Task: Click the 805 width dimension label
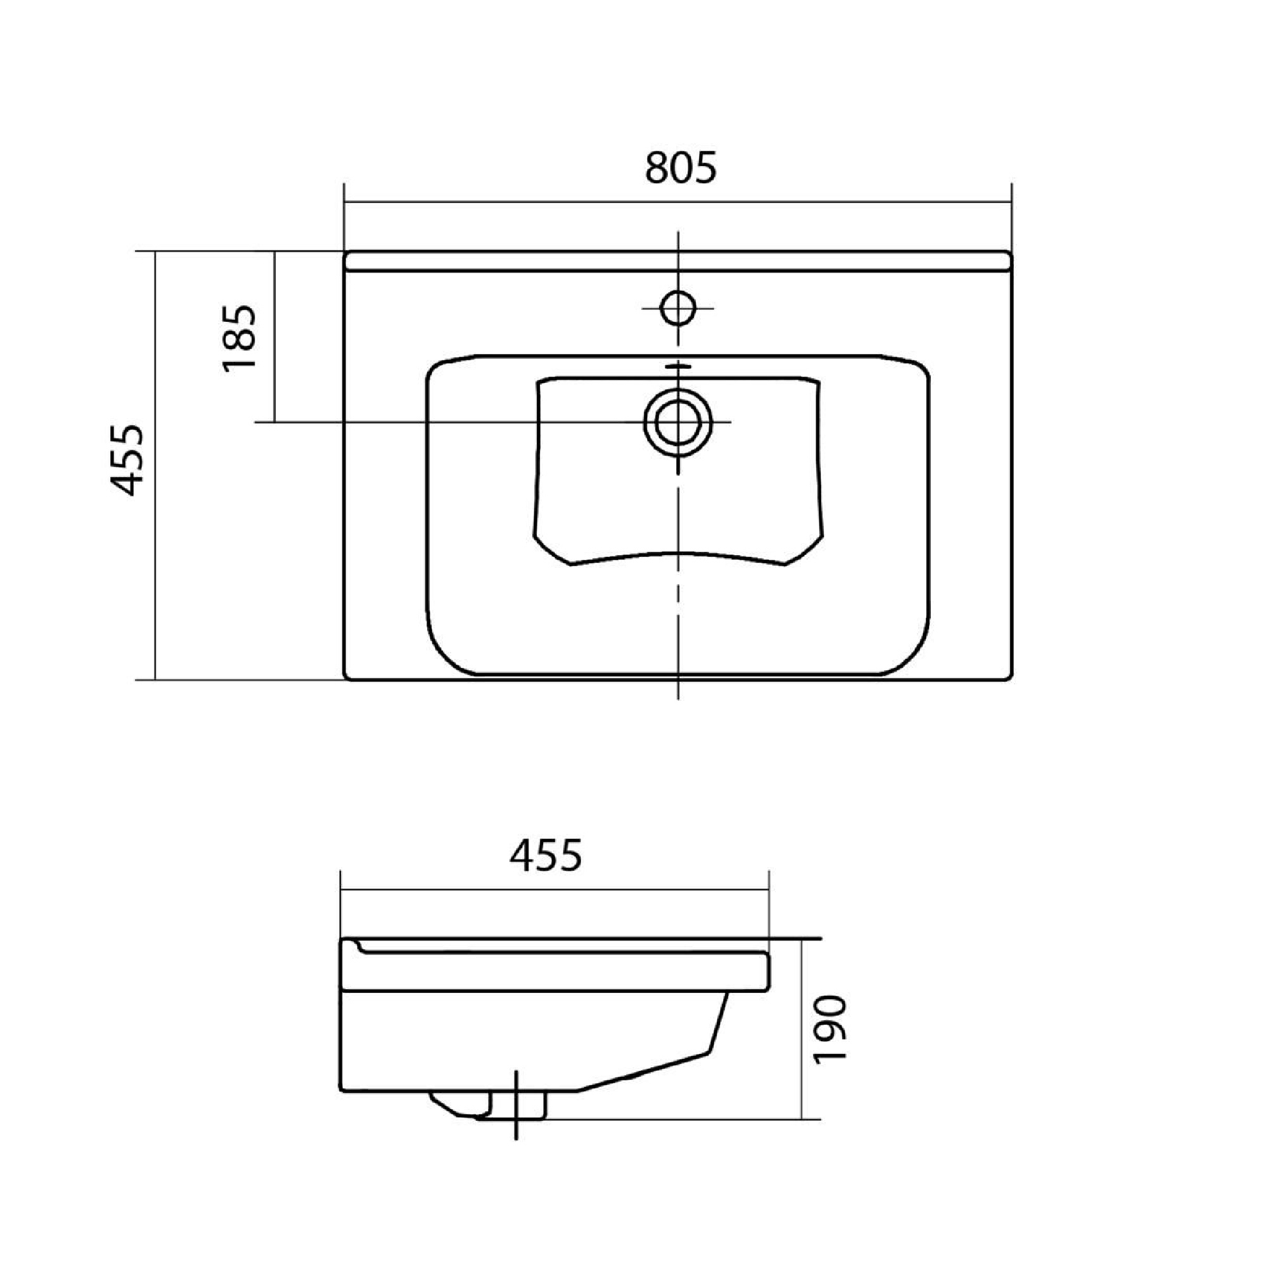(681, 167)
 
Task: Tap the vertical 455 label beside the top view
(125, 459)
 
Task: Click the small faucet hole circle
(678, 307)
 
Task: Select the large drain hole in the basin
(678, 422)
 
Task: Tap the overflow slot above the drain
(678, 368)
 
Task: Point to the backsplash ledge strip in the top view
(678, 261)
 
